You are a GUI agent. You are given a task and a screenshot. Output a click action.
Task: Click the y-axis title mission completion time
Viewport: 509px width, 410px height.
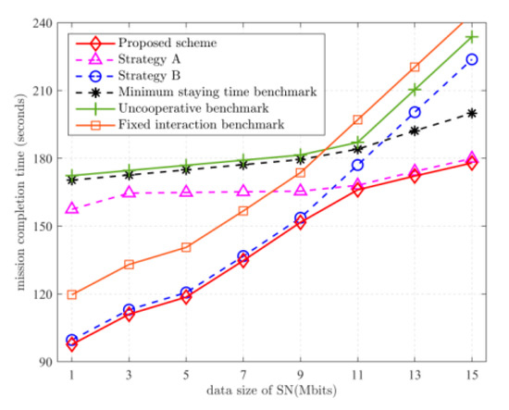point(16,193)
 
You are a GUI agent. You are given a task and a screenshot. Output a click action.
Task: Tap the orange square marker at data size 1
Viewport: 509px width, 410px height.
point(71,295)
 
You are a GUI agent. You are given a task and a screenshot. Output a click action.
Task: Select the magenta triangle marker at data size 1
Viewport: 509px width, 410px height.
point(71,209)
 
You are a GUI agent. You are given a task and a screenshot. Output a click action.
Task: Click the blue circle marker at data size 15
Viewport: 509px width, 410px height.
point(472,59)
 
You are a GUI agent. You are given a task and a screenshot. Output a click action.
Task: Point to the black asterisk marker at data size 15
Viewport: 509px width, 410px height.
point(472,113)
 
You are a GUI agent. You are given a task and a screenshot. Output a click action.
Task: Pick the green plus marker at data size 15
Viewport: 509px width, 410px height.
point(472,37)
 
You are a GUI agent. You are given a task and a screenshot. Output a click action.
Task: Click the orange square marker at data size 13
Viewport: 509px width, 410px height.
point(415,67)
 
